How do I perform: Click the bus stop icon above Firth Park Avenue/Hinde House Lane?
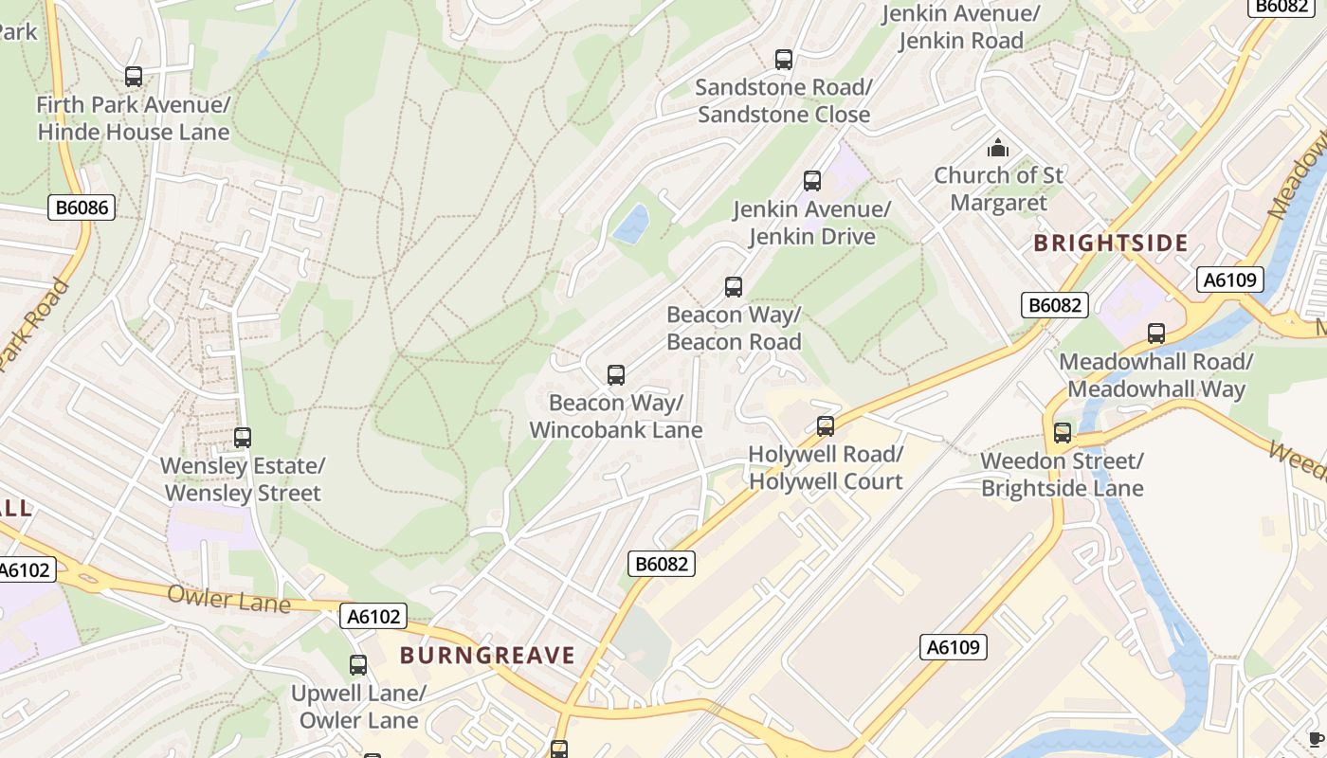(x=134, y=77)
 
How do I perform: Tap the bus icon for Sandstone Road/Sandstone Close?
(x=784, y=60)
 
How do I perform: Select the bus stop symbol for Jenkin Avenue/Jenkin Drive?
(x=812, y=181)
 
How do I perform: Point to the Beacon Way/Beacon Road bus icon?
(x=734, y=287)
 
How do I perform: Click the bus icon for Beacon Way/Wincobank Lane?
(x=616, y=375)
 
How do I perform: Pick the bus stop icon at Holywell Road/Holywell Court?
(x=826, y=426)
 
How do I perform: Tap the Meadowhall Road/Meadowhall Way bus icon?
(x=1156, y=334)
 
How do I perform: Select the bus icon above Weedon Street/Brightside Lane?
(x=1063, y=433)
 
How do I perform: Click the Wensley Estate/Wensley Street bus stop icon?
(x=243, y=438)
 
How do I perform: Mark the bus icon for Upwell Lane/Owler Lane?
(x=358, y=665)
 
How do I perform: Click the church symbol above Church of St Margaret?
(x=998, y=148)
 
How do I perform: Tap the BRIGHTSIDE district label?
(x=1110, y=244)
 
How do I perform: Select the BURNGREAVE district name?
(x=487, y=656)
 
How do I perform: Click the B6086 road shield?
(x=82, y=208)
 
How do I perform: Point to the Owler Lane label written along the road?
(x=228, y=599)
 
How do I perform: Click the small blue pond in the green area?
(x=631, y=223)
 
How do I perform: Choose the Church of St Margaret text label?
(x=998, y=189)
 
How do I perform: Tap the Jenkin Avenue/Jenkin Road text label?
(x=960, y=27)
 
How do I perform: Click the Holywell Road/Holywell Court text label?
(x=826, y=468)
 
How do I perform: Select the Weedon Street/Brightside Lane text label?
(x=1062, y=475)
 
